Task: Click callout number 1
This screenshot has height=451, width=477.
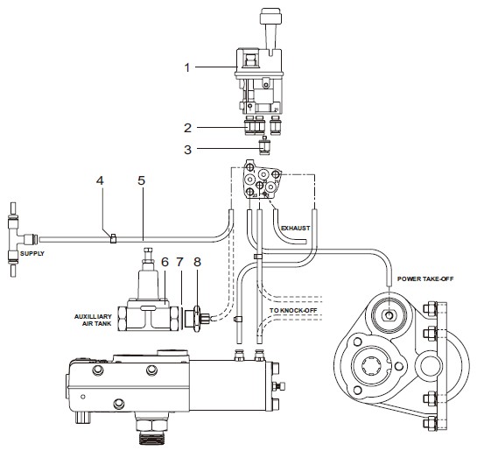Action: point(187,67)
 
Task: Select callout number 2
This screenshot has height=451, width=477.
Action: point(187,128)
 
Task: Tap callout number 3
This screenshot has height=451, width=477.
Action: point(187,150)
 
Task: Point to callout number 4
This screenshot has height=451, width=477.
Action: point(100,180)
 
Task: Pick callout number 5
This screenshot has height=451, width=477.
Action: point(142,180)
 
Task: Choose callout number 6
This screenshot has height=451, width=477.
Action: point(165,262)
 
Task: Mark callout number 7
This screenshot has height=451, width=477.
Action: point(179,262)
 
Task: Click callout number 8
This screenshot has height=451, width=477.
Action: point(198,262)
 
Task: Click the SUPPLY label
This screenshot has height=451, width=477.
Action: point(32,253)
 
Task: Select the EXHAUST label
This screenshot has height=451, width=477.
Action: point(295,228)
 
